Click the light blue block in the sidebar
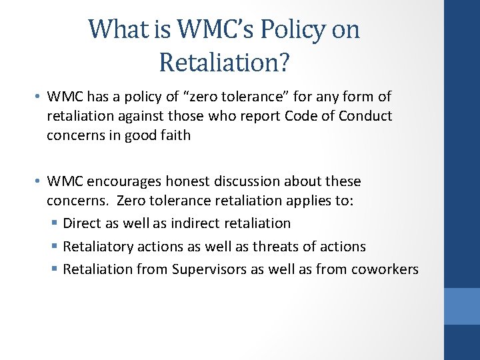coord(462,306)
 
